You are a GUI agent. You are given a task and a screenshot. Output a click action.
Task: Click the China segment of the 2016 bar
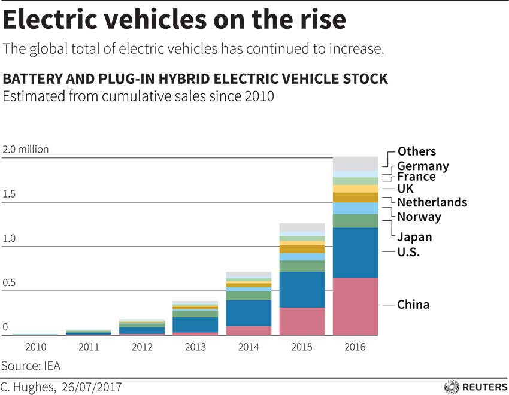(356, 306)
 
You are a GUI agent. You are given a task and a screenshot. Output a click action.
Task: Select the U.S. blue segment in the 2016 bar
(356, 253)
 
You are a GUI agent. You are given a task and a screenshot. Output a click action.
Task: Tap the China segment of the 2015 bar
(302, 321)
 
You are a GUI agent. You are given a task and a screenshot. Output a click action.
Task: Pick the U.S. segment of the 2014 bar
(249, 312)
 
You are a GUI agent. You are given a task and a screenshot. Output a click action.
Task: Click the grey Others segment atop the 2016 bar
(356, 163)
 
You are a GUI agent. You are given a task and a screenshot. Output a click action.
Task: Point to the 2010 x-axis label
(35, 347)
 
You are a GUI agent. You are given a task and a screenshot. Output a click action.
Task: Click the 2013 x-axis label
(195, 347)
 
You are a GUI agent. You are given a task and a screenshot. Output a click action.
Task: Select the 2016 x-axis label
(356, 347)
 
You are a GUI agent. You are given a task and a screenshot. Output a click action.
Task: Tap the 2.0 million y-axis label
(25, 150)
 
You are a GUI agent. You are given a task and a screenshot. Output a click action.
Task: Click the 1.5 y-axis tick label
(10, 195)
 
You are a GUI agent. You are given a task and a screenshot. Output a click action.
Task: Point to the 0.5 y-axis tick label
(10, 283)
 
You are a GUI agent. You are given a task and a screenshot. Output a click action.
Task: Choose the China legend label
(413, 305)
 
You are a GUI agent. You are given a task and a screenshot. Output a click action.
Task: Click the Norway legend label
(419, 217)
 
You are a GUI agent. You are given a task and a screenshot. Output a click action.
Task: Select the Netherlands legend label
(432, 202)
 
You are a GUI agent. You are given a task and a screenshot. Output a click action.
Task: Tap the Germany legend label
(423, 166)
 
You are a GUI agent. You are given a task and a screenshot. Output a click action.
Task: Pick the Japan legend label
(414, 237)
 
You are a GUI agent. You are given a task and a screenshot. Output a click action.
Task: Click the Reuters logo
(476, 387)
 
